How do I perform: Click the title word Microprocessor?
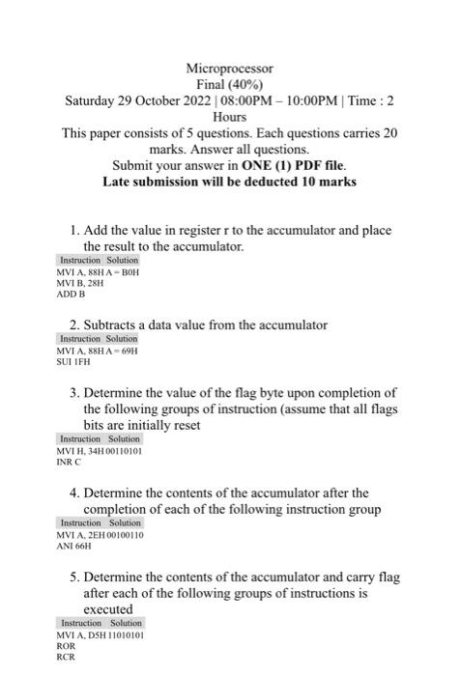(x=230, y=69)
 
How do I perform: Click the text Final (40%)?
(x=230, y=85)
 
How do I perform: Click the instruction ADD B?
(x=72, y=296)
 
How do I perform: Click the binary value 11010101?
(x=123, y=634)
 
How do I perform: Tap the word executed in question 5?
(x=108, y=609)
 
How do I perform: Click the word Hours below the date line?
(x=230, y=117)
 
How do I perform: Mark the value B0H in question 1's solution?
(x=131, y=273)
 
